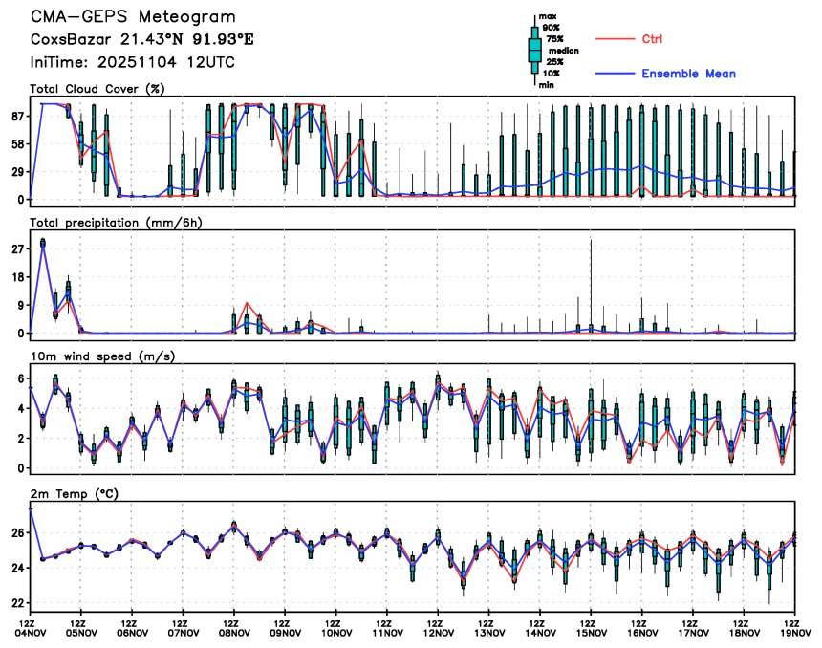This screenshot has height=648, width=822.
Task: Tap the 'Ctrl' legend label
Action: (655, 39)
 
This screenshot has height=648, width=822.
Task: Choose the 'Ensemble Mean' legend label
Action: (688, 74)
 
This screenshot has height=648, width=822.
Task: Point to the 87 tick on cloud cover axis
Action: (17, 116)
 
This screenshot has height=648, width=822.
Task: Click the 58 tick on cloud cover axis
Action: (17, 143)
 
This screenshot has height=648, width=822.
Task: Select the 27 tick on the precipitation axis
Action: (17, 248)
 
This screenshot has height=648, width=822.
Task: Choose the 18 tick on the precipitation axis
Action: (17, 277)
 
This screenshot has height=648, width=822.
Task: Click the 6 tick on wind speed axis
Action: (21, 378)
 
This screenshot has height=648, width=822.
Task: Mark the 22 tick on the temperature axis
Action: (17, 603)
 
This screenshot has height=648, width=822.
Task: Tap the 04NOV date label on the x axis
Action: (31, 632)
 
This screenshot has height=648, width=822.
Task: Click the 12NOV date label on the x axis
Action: (439, 632)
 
